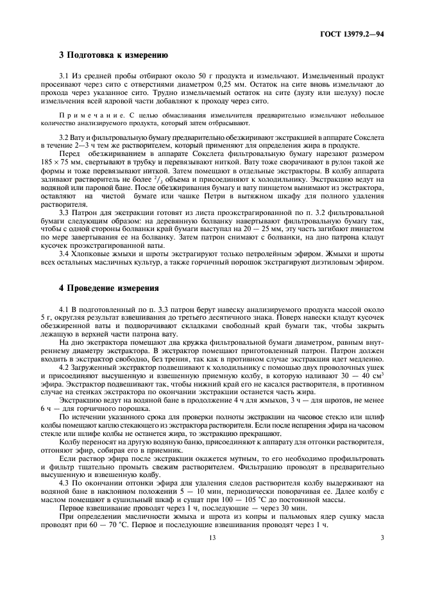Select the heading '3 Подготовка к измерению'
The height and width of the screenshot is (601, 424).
(x=114, y=56)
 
